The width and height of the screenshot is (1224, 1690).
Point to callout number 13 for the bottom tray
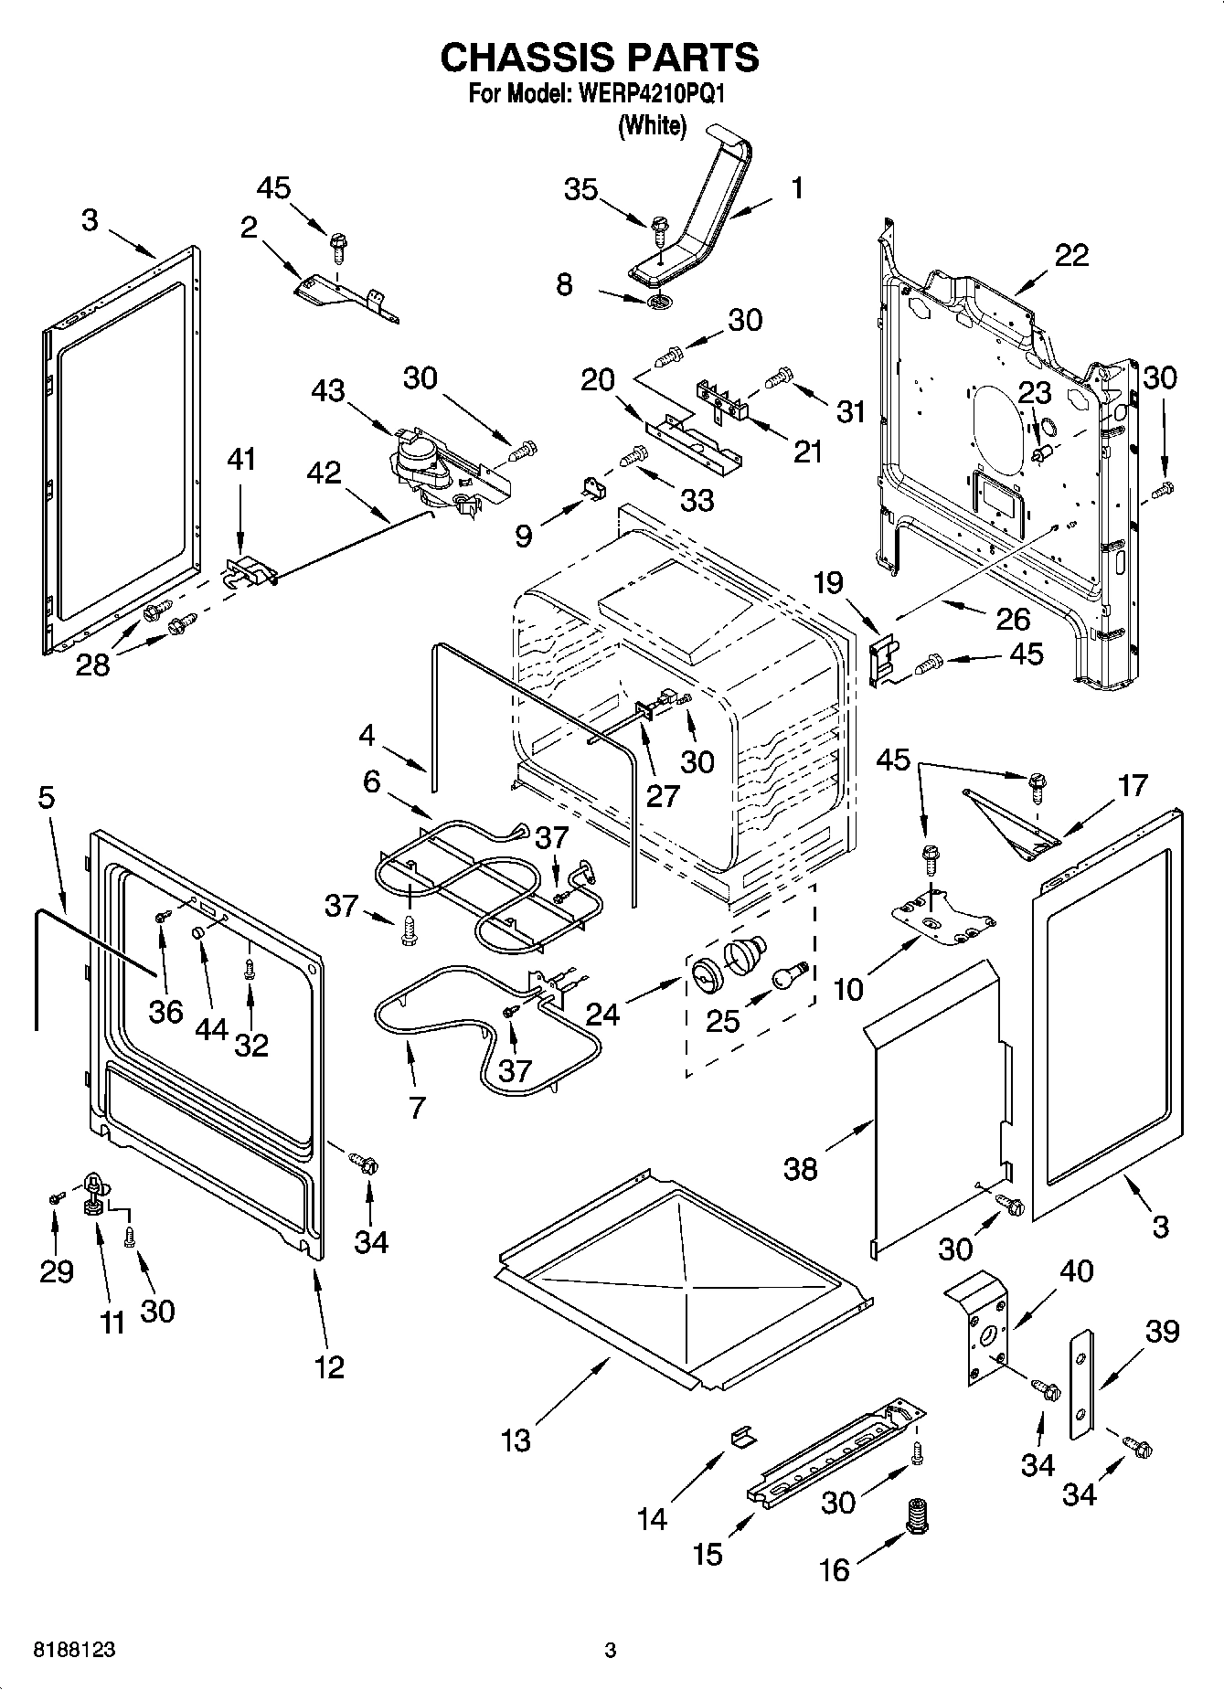pos(516,1440)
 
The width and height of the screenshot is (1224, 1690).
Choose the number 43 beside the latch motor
pos(328,390)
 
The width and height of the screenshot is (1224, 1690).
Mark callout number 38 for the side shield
pos(801,1168)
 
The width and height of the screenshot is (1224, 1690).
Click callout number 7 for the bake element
pos(417,1108)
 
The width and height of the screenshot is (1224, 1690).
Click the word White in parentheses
pos(652,126)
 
